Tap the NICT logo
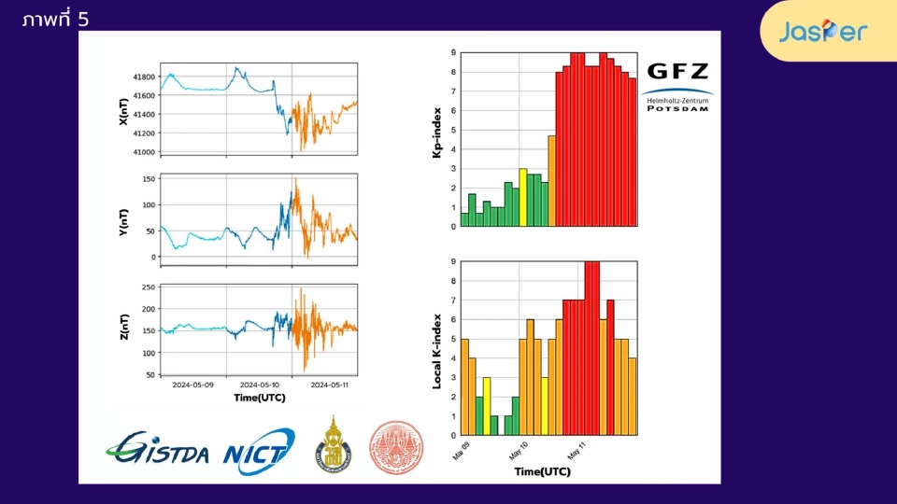coord(259,450)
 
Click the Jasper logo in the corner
coord(823,32)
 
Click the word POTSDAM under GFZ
coord(677,108)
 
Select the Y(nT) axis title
coord(123,218)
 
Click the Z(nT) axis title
coord(123,329)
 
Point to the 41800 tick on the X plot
coord(143,77)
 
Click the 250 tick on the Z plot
coord(147,287)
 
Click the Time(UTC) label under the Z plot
coord(259,398)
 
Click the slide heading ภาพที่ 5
coord(55,19)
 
